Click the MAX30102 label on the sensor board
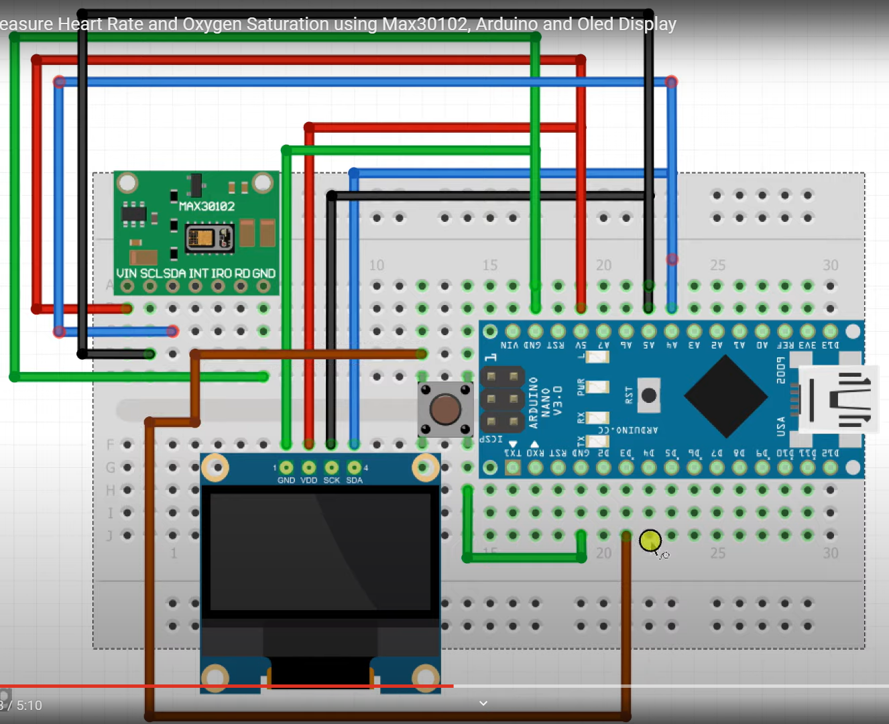coord(206,206)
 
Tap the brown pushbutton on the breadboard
coord(445,409)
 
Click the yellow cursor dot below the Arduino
coord(650,540)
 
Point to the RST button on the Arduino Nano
coord(648,396)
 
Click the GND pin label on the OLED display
coord(286,480)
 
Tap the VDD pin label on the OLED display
coord(309,480)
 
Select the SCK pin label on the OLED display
coord(332,480)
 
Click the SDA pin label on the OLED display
coord(355,480)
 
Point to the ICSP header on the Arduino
coord(502,399)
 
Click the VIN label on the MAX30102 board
coord(126,274)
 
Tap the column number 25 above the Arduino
coord(717,265)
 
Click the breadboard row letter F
coord(111,444)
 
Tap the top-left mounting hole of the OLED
coord(216,467)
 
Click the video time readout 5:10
coord(29,705)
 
